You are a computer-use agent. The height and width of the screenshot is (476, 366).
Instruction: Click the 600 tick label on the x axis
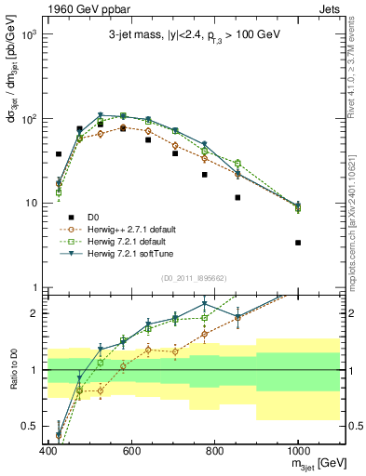pos(131,451)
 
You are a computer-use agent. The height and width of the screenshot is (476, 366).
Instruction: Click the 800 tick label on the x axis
pos(215,451)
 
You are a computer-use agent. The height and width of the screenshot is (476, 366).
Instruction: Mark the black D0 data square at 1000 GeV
pos(298,243)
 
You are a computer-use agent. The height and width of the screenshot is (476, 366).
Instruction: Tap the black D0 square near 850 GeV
pos(238,197)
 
